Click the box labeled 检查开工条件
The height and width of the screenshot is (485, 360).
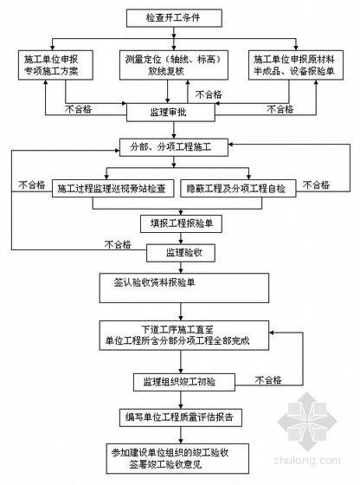pyautogui.click(x=174, y=18)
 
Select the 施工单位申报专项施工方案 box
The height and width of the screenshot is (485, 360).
pyautogui.click(x=55, y=65)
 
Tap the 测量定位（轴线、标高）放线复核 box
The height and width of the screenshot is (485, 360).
pyautogui.click(x=174, y=65)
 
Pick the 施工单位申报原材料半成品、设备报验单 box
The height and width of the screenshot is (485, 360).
pyautogui.click(x=296, y=65)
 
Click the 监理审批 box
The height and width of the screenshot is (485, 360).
pyautogui.click(x=170, y=113)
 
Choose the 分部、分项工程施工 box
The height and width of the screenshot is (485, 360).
pyautogui.click(x=174, y=147)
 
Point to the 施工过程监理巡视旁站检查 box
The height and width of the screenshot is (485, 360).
pyautogui.click(x=112, y=189)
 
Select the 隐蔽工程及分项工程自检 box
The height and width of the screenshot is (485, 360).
pyautogui.click(x=238, y=189)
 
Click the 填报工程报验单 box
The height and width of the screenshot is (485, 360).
pyautogui.click(x=182, y=223)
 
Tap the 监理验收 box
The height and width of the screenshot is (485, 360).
pyautogui.click(x=181, y=253)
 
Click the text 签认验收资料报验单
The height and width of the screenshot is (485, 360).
pyautogui.click(x=155, y=282)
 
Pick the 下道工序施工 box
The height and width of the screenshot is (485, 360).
pyautogui.click(x=184, y=335)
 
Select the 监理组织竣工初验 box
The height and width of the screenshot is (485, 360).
pyautogui.click(x=184, y=382)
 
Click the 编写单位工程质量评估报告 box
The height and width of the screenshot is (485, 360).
pyautogui.click(x=181, y=417)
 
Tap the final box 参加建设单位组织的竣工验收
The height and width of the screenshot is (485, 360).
pyautogui.click(x=177, y=459)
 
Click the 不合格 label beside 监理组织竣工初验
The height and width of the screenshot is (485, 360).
pyautogui.click(x=268, y=380)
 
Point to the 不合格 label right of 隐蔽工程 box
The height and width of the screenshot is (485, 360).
pyautogui.click(x=316, y=185)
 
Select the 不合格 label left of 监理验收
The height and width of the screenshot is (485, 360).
pyautogui.click(x=118, y=244)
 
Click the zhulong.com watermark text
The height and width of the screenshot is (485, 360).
pyautogui.click(x=307, y=461)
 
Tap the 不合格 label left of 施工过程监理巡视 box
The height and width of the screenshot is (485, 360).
pyautogui.click(x=32, y=185)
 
